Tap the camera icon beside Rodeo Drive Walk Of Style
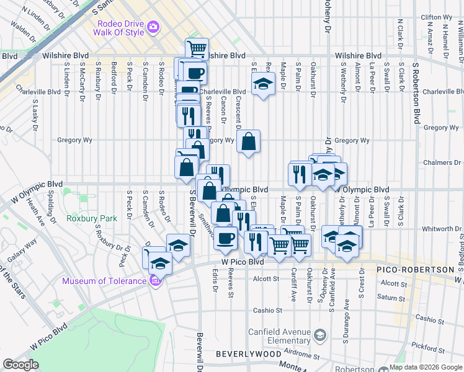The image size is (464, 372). tap(153, 28)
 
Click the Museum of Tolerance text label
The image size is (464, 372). tap(104, 282)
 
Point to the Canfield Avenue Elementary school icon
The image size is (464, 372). tap(319, 335)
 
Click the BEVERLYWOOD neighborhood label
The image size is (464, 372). tap(244, 354)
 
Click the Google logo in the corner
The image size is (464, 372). tap(20, 365)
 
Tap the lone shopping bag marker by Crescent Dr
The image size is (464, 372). tap(248, 142)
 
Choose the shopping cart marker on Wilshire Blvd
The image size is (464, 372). tap(197, 49)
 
